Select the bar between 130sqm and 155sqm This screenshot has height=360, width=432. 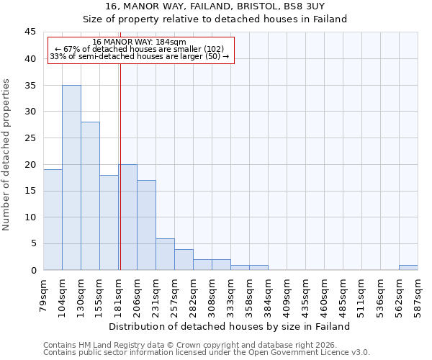(90, 196)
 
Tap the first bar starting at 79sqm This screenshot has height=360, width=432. (53, 220)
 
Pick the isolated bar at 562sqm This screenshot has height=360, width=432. (408, 267)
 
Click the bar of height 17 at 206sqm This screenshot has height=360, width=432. (146, 225)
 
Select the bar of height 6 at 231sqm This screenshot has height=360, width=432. (165, 254)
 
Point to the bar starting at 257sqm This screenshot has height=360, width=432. (184, 259)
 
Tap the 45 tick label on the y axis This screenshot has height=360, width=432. (30, 32)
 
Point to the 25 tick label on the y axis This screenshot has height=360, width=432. (30, 138)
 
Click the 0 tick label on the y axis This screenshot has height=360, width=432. (32, 270)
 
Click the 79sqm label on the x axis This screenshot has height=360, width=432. (43, 292)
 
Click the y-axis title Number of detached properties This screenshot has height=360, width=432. (7, 155)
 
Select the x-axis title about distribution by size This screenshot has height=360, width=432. (229, 326)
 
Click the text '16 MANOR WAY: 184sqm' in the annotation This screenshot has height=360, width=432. (140, 42)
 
